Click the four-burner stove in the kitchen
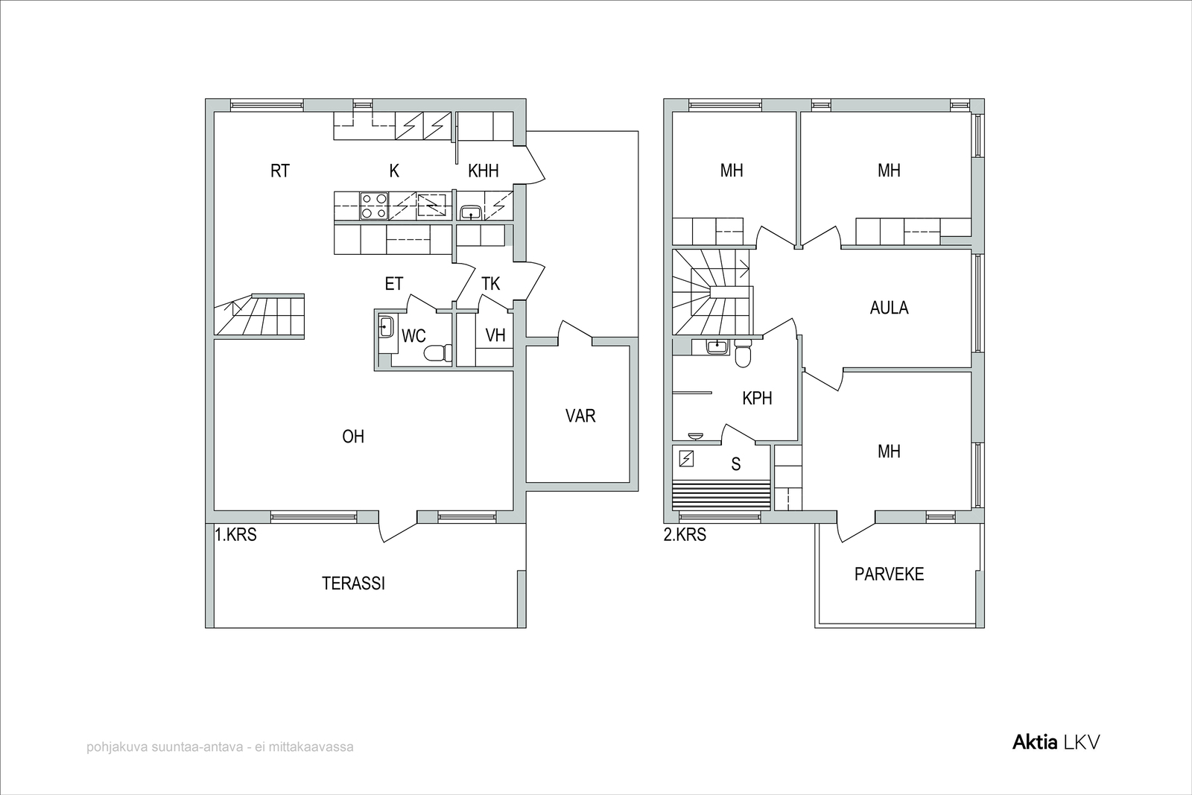pyautogui.click(x=373, y=206)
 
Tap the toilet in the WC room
pyautogui.click(x=438, y=353)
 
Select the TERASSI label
pyautogui.click(x=353, y=583)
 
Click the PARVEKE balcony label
pyautogui.click(x=890, y=574)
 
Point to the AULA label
pyautogui.click(x=890, y=308)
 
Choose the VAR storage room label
pyautogui.click(x=580, y=416)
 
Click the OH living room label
pyautogui.click(x=353, y=437)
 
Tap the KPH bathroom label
pyautogui.click(x=757, y=398)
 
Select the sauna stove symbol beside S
pyautogui.click(x=686, y=459)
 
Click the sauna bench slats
pyautogui.click(x=721, y=495)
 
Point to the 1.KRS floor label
pyautogui.click(x=235, y=534)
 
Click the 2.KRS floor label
pyautogui.click(x=685, y=534)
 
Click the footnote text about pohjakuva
pyautogui.click(x=220, y=747)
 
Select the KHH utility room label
pyautogui.click(x=484, y=171)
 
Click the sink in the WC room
pyautogui.click(x=386, y=326)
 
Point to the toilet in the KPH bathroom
pyautogui.click(x=743, y=355)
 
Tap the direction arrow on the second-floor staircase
pyautogui.click(x=742, y=265)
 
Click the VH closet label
pyautogui.click(x=495, y=335)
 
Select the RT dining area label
pyautogui.click(x=280, y=171)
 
